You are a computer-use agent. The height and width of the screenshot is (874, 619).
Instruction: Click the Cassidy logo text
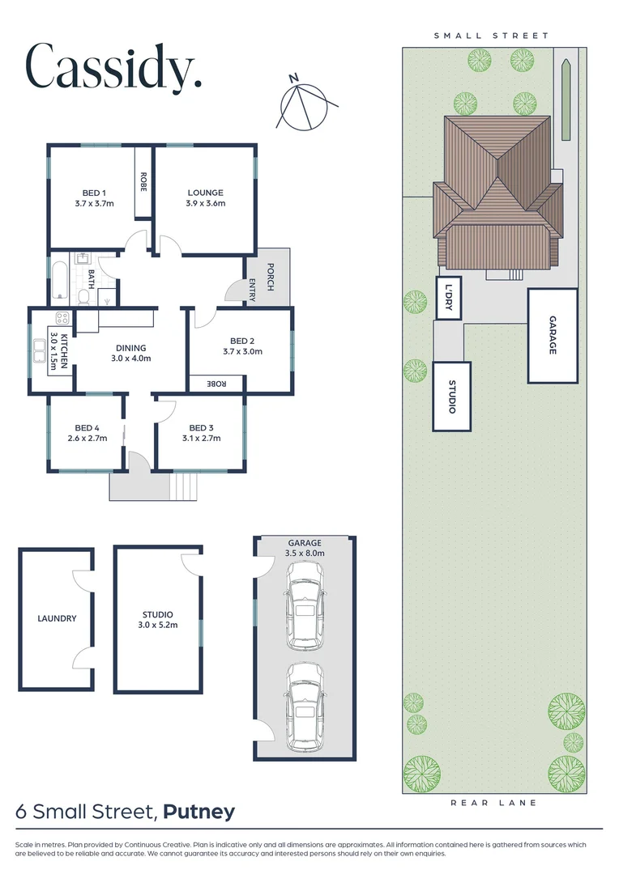[x=113, y=67]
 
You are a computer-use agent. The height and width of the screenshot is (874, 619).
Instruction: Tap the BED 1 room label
[x=93, y=198]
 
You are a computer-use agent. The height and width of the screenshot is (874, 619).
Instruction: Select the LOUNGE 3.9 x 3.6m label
[x=205, y=198]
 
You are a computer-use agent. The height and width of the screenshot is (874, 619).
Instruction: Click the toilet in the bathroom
[x=83, y=297]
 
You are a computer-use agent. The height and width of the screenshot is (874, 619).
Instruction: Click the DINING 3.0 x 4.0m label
[x=131, y=352]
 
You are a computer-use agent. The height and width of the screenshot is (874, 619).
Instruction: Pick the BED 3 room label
[x=201, y=433]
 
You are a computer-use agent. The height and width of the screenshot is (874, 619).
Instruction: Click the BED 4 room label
[x=88, y=433]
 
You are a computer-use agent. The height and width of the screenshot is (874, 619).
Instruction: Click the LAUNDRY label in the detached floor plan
[x=57, y=618]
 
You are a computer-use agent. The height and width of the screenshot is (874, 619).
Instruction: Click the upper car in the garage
[x=304, y=605]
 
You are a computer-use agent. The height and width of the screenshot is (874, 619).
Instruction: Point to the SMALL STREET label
[x=491, y=36]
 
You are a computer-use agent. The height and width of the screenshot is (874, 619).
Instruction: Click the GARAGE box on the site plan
[x=553, y=336]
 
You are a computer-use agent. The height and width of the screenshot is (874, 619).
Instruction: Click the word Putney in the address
[x=199, y=812]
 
